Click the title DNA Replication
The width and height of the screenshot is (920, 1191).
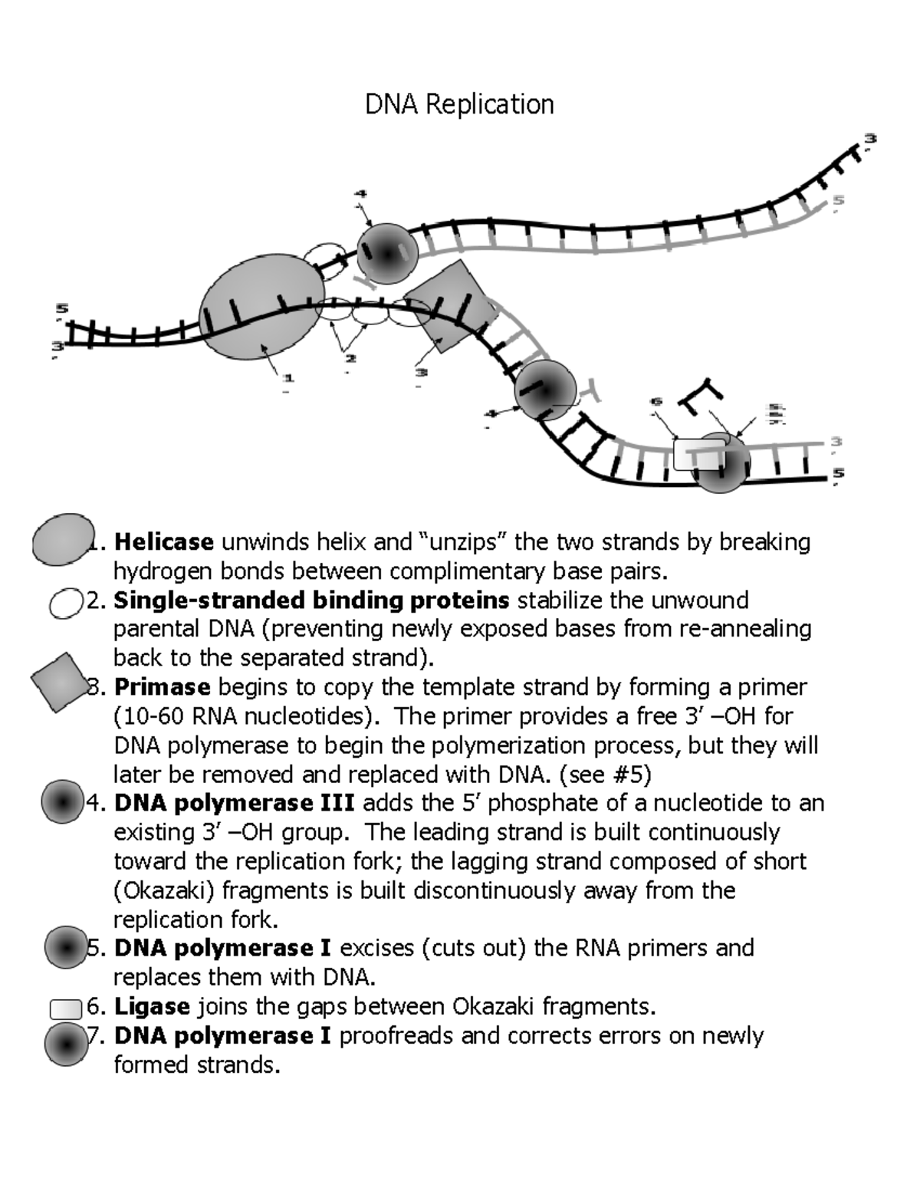click(459, 104)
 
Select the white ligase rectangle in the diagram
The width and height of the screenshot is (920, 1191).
click(698, 454)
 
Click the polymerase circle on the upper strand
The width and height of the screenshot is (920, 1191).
click(388, 252)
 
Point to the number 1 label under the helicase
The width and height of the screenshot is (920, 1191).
click(288, 378)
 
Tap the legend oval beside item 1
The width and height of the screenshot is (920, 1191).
click(63, 540)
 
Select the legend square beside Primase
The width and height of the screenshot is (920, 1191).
click(61, 681)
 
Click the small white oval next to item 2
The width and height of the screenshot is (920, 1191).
click(65, 602)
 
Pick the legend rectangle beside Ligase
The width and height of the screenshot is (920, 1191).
click(65, 1008)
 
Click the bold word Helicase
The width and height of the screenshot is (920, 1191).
click(163, 542)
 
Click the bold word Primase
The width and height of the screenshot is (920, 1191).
click(161, 686)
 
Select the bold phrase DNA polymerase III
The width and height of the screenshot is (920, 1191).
click(234, 803)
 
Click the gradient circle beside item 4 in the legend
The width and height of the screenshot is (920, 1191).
click(62, 802)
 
